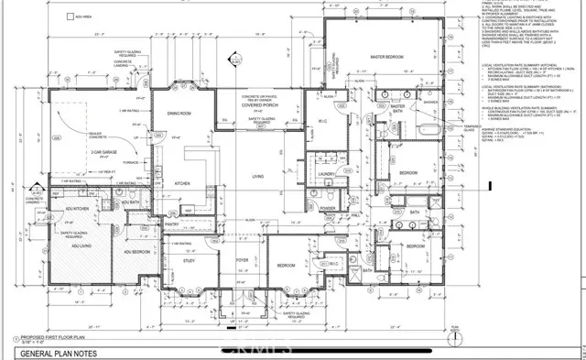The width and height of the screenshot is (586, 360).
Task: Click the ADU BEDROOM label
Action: (135, 250)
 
